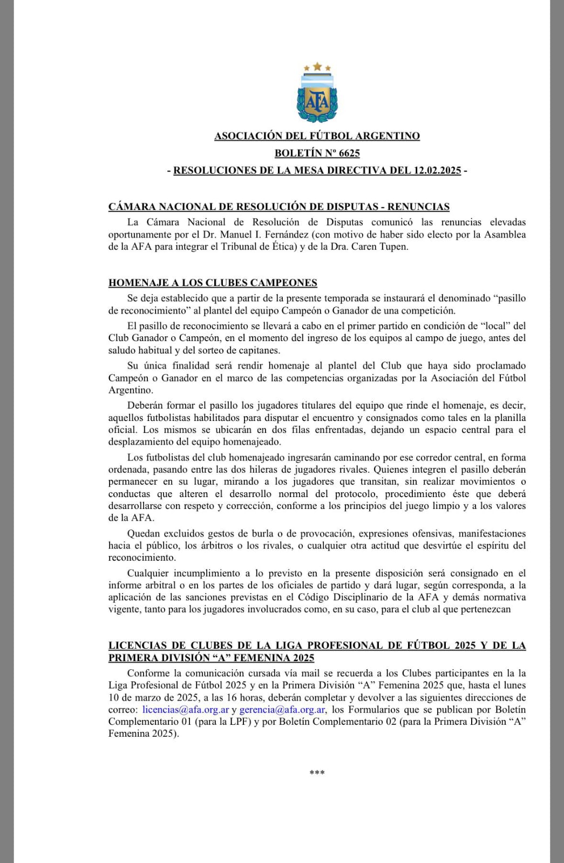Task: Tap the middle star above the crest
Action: click(x=317, y=66)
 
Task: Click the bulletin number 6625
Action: click(x=349, y=153)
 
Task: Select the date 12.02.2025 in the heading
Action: click(x=437, y=171)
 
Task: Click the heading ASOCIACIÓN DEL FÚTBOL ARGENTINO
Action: click(x=317, y=136)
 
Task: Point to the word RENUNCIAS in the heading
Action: click(x=418, y=207)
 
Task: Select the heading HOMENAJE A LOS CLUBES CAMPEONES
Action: click(x=213, y=283)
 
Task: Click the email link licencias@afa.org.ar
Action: click(x=186, y=710)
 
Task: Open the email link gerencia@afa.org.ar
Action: click(x=282, y=710)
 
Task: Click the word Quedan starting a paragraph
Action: click(x=144, y=533)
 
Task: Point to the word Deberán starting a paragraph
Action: click(x=145, y=405)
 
